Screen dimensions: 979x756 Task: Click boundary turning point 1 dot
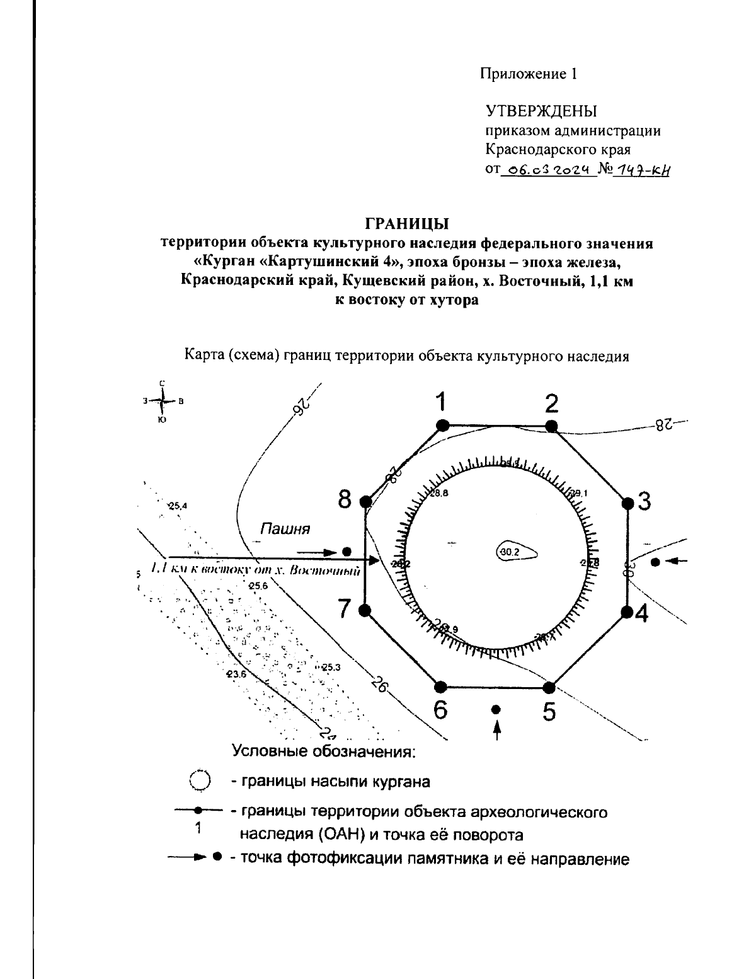point(442,426)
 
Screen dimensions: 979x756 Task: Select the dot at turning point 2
point(551,426)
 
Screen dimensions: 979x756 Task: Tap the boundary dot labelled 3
point(627,503)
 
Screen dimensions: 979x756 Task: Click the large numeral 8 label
point(345,501)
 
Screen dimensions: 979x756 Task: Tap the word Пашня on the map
point(285,528)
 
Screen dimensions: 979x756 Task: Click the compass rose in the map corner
point(163,401)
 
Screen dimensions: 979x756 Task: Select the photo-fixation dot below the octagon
point(496,710)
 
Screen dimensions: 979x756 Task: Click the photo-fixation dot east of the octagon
point(655,561)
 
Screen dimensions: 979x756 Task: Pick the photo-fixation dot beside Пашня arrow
point(346,552)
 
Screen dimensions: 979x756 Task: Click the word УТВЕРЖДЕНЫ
point(541,112)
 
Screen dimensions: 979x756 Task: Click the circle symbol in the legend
point(200,780)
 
